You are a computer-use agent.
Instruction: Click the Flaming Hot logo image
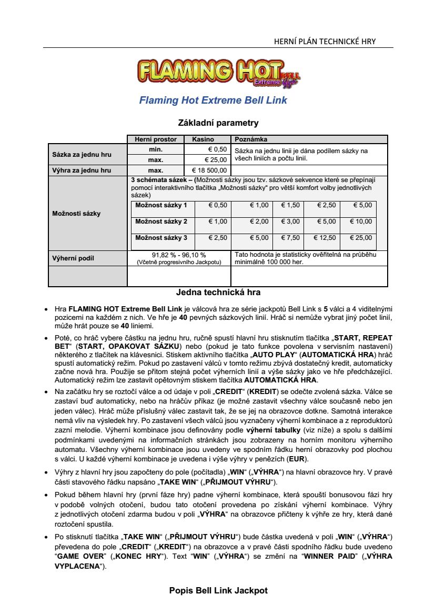(x=218, y=73)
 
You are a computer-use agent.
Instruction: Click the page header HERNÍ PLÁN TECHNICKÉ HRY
(x=325, y=42)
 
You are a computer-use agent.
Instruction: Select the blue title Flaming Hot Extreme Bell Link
(x=213, y=100)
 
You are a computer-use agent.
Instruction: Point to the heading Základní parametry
(x=218, y=123)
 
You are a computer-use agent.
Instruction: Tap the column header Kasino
(x=203, y=139)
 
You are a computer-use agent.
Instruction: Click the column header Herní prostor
(x=156, y=139)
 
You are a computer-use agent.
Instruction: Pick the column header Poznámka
(x=251, y=139)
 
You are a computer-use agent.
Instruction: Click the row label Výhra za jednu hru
(x=82, y=170)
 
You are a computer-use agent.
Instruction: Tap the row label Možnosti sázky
(x=76, y=214)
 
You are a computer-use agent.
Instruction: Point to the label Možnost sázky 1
(x=161, y=205)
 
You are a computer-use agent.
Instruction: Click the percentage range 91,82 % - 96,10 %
(x=179, y=255)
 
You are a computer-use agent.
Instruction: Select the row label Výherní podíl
(x=73, y=258)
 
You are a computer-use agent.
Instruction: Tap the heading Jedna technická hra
(x=218, y=293)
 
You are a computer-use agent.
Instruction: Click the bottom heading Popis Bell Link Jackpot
(x=218, y=590)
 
